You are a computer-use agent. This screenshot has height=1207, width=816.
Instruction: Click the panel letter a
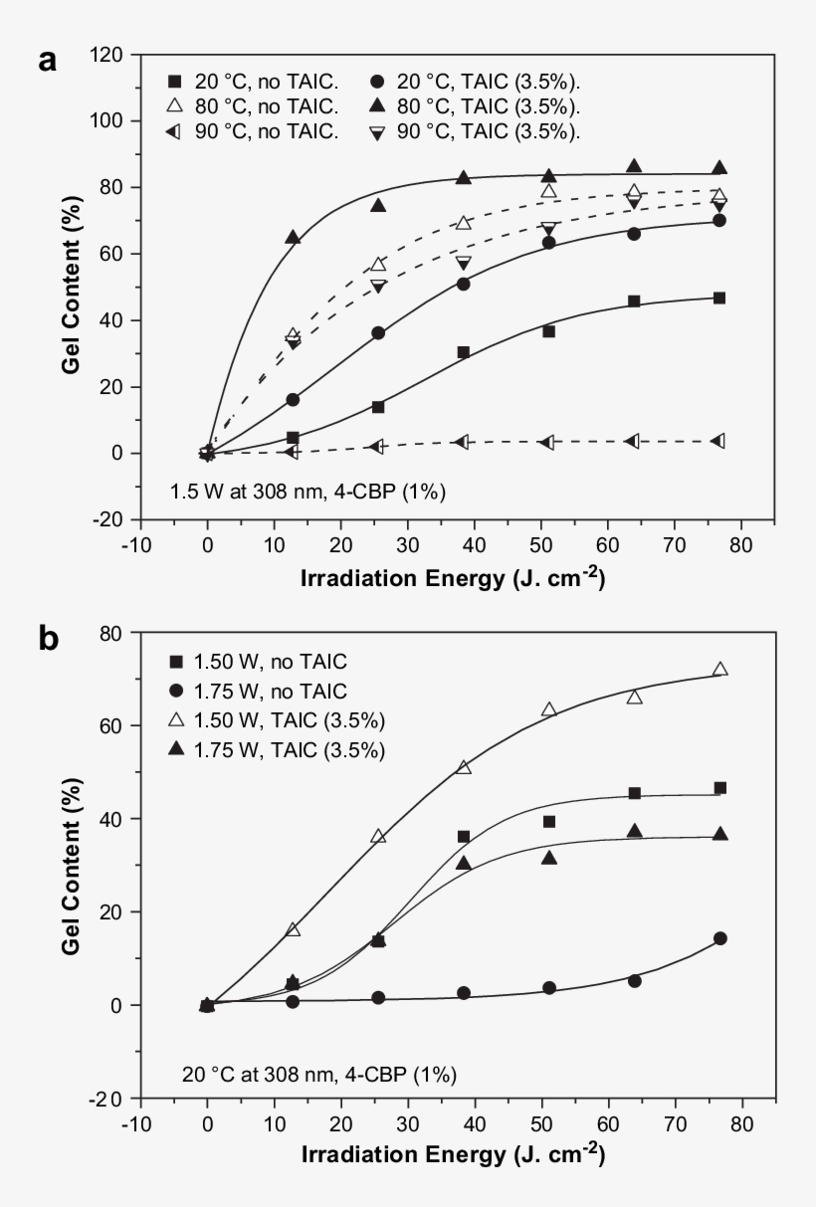point(47,62)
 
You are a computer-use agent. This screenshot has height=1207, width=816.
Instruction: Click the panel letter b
point(48,640)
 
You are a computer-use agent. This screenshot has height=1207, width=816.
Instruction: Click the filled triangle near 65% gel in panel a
point(293,237)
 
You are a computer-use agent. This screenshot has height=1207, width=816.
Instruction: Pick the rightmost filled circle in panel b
point(719,938)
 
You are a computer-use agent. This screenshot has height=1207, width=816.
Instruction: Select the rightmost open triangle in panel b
point(719,670)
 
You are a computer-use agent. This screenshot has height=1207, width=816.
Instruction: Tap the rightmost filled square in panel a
point(719,299)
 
